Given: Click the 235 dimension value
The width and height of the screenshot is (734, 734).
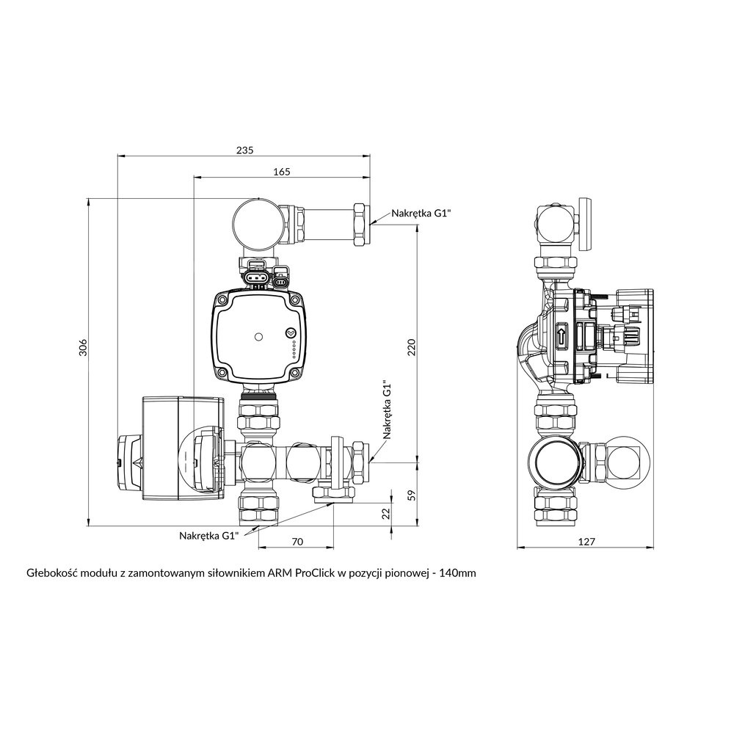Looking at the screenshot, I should pyautogui.click(x=244, y=150).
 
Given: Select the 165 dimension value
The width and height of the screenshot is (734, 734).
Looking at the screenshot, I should pyautogui.click(x=281, y=172).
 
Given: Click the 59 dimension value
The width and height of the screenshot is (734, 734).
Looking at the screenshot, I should pyautogui.click(x=412, y=495).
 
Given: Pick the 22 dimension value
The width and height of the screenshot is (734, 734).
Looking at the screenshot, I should pyautogui.click(x=387, y=513).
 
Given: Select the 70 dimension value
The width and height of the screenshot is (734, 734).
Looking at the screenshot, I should pyautogui.click(x=297, y=542).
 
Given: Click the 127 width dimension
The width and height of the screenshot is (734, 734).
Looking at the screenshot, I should pyautogui.click(x=586, y=542).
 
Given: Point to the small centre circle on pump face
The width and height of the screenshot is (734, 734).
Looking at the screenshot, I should pyautogui.click(x=258, y=338).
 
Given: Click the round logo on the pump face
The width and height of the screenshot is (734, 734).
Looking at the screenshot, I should pyautogui.click(x=292, y=332).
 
